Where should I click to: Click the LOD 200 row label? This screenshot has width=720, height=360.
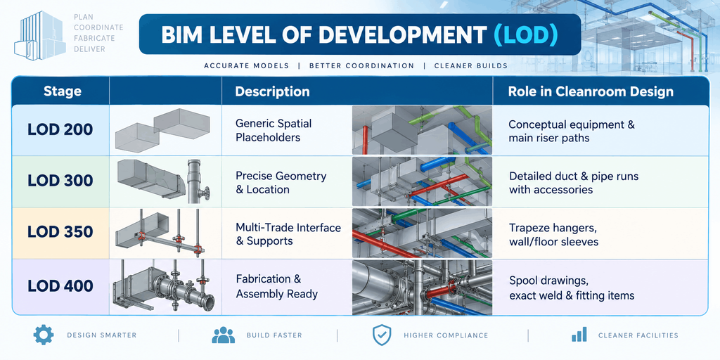(x=60, y=129)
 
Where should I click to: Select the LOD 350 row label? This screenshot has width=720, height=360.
(x=60, y=231)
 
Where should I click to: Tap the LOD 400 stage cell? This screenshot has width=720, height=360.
(x=60, y=286)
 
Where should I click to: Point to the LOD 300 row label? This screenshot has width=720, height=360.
(x=60, y=181)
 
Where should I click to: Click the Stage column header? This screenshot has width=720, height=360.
(x=62, y=91)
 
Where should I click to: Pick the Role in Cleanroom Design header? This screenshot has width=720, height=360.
(x=591, y=91)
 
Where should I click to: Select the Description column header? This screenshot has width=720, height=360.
(x=272, y=91)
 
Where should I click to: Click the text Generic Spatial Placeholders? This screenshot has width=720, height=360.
(x=274, y=130)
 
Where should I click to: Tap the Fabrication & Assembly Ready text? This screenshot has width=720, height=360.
(x=277, y=286)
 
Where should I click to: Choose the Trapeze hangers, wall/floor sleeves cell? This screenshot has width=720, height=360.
(x=554, y=234)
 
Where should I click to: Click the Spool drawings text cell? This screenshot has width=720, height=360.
(x=572, y=288)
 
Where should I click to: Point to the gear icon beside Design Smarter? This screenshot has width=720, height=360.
(x=44, y=335)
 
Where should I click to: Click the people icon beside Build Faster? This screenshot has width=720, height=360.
(x=223, y=335)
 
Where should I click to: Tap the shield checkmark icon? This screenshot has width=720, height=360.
(x=382, y=335)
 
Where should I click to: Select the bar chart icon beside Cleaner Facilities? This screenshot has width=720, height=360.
(x=579, y=335)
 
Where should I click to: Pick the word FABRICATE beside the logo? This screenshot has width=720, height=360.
(x=94, y=38)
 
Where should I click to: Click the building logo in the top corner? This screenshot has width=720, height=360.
(x=40, y=36)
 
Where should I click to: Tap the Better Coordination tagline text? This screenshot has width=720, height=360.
(x=362, y=65)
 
